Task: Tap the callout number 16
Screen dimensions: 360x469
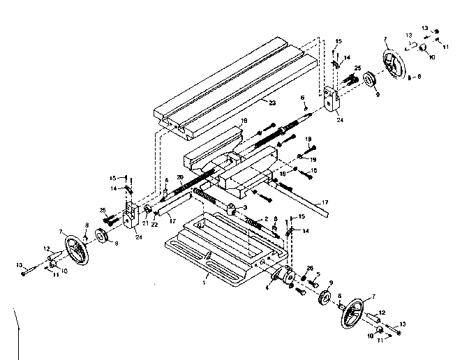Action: tap(244, 121)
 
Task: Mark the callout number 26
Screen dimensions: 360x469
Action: tap(309, 267)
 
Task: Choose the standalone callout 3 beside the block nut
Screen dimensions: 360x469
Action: tap(244, 208)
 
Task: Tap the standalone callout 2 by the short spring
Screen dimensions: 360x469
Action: tap(266, 218)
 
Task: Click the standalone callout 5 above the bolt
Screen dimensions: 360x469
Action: tap(318, 273)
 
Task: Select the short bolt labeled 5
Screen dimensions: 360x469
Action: tap(315, 283)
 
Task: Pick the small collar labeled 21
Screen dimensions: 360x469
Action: tap(148, 211)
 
